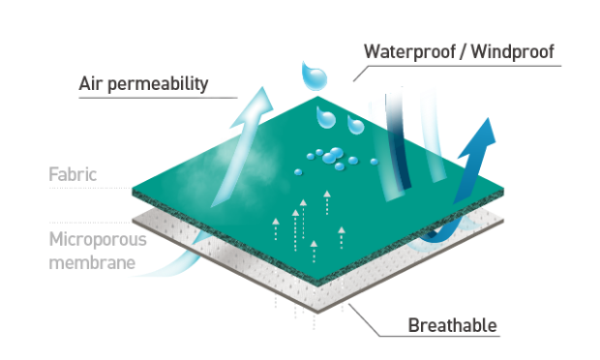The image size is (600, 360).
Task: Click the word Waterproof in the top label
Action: coord(409,52)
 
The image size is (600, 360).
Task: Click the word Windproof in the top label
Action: coord(513,51)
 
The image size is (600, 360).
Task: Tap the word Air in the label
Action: coord(90,83)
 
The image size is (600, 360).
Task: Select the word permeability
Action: coord(158,84)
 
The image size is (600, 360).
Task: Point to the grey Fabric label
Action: coord(73,174)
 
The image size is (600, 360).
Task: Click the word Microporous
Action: coord(98,240)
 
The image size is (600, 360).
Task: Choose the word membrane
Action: coord(92,263)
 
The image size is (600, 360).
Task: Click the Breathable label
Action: coord(453,325)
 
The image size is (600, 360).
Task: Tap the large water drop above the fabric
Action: coord(315,76)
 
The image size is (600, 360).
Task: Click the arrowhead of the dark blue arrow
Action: coord(481,137)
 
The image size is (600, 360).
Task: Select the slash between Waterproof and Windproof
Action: coord(463,52)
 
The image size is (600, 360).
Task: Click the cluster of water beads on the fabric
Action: coord(331,158)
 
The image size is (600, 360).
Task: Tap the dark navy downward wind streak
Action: coord(398,141)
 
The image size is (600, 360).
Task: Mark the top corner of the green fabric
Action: coord(317,97)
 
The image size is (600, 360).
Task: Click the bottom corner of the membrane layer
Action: coord(317,313)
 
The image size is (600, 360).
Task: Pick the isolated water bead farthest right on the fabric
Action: coord(374,162)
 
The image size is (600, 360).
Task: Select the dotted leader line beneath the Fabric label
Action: coord(90,188)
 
